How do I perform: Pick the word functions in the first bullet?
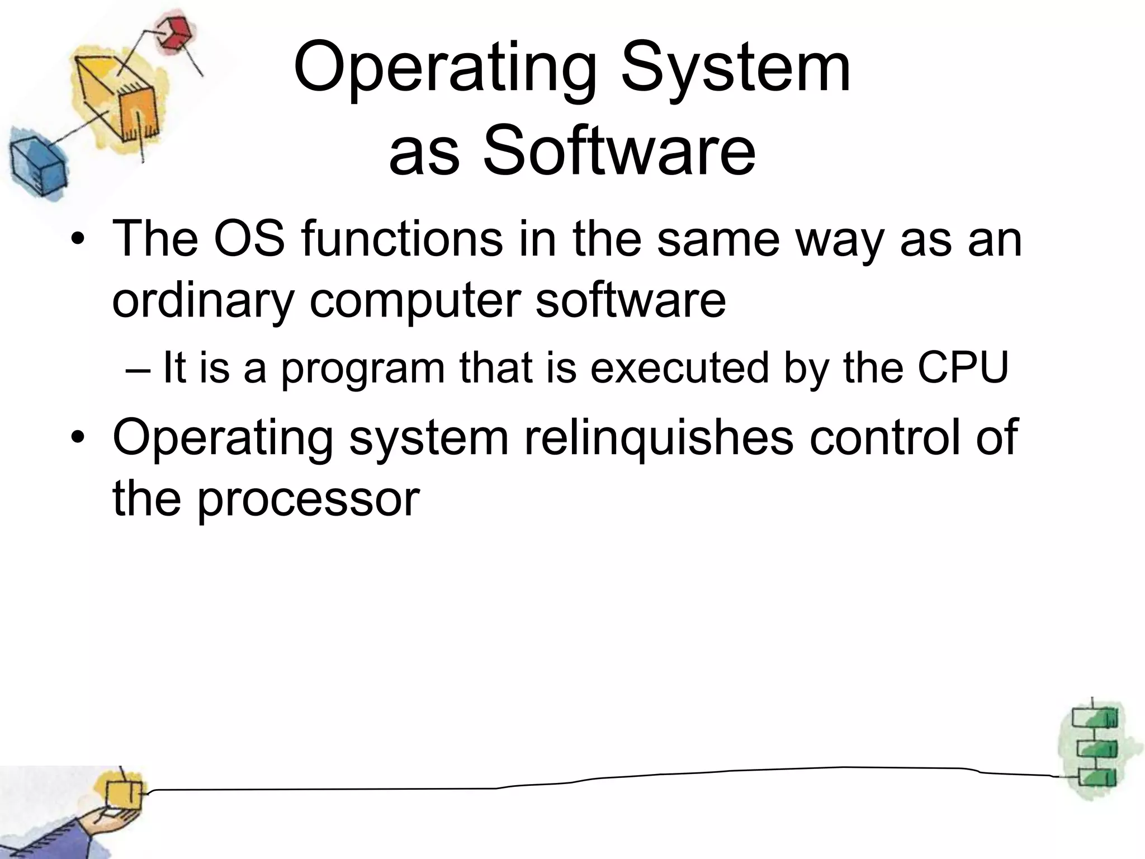(x=401, y=239)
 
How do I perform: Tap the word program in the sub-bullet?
(x=362, y=369)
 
